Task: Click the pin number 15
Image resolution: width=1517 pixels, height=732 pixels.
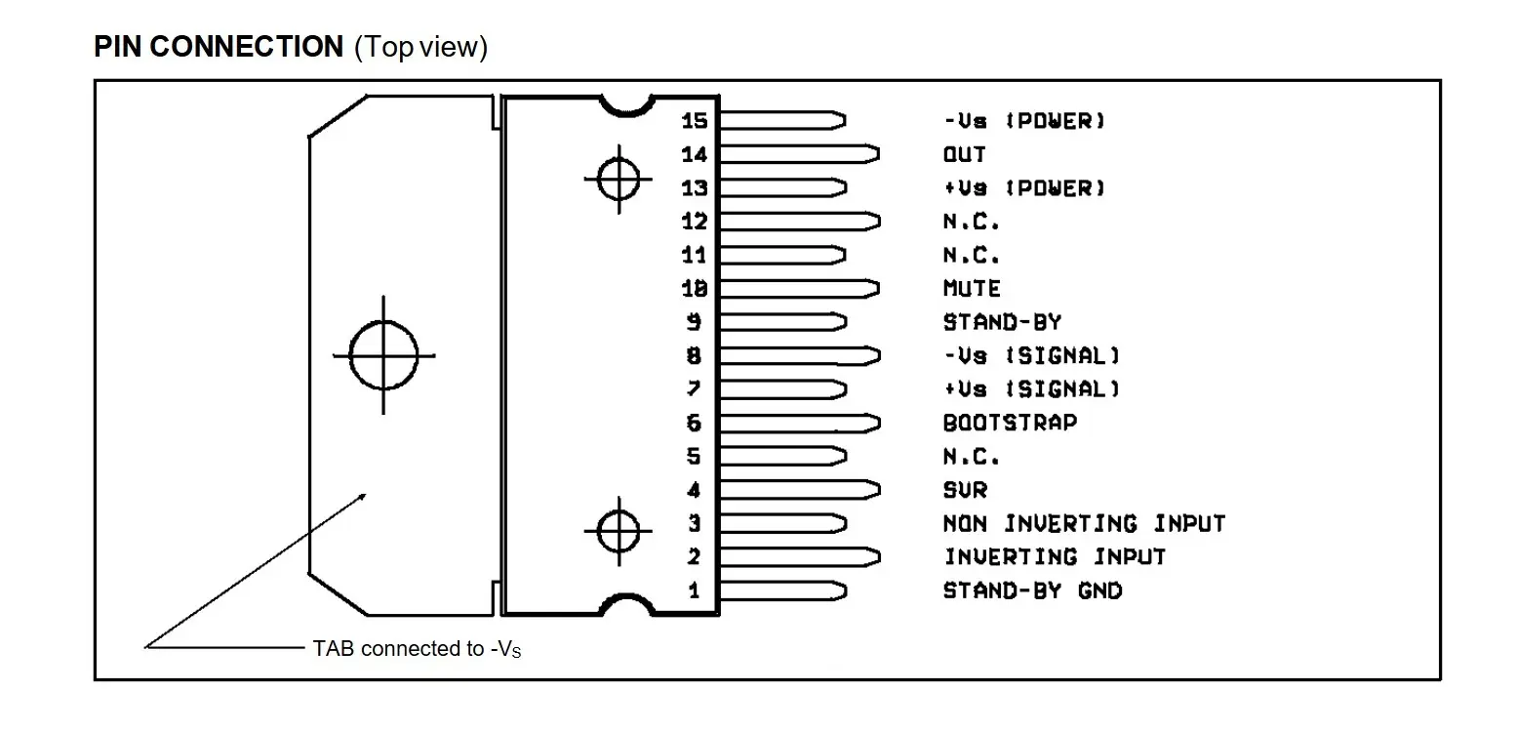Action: [x=695, y=120]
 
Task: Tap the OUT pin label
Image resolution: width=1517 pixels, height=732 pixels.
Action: [x=964, y=154]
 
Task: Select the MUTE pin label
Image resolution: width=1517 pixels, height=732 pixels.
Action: [x=972, y=289]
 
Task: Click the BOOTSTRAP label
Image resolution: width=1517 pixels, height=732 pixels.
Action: [x=1010, y=423]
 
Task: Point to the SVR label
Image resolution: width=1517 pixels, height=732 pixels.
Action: [x=965, y=490]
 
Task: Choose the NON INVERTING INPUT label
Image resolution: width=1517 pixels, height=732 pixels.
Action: [x=1083, y=524]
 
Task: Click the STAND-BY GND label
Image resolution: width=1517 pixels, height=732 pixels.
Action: [x=1032, y=591]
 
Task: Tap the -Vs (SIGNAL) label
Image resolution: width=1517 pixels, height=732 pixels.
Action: [x=1031, y=355]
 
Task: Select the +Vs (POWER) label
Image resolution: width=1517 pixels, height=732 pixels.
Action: [x=1024, y=187]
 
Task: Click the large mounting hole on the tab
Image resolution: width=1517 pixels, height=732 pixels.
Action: [x=383, y=355]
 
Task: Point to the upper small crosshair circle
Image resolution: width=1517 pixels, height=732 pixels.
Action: [x=619, y=179]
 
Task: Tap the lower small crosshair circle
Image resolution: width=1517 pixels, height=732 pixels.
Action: [x=619, y=531]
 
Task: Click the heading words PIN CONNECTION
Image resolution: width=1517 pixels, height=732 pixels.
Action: [x=219, y=47]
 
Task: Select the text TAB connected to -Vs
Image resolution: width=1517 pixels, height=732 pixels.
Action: [x=417, y=648]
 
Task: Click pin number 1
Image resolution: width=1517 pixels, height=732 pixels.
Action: [x=695, y=591]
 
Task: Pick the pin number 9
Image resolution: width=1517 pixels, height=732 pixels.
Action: [x=695, y=322]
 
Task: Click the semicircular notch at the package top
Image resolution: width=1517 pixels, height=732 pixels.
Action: [x=625, y=102]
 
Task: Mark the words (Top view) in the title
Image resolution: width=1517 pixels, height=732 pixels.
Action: [x=420, y=47]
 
